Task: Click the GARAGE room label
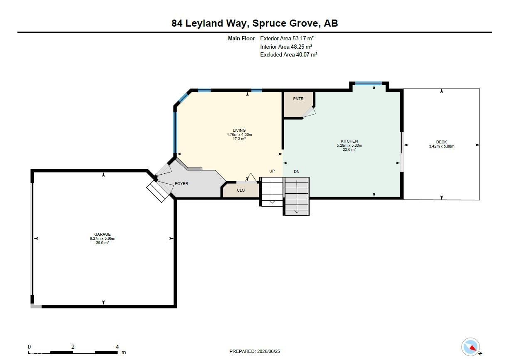[x=103, y=234]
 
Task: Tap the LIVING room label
[x=239, y=130]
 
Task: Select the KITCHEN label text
[x=349, y=141]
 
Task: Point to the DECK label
[x=442, y=142]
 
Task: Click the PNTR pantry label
[x=298, y=99]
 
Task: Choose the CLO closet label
[x=241, y=190]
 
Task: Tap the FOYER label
[x=181, y=183]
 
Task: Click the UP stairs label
[x=272, y=171]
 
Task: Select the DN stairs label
[x=297, y=172]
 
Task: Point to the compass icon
[x=471, y=347]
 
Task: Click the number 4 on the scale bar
[x=117, y=347]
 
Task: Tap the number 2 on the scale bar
[x=73, y=347]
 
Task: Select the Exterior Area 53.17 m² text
[x=287, y=38]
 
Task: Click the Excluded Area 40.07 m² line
[x=289, y=54]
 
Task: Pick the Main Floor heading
[x=241, y=38]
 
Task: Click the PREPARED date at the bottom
[x=254, y=351]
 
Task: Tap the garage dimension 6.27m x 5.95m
[x=103, y=239]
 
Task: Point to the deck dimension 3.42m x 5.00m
[x=442, y=146]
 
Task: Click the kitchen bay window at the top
[x=369, y=83]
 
